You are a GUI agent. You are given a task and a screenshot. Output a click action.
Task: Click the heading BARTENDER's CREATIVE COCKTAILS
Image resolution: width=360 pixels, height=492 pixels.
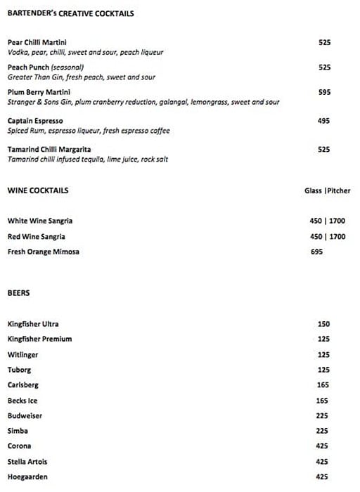tap(70, 13)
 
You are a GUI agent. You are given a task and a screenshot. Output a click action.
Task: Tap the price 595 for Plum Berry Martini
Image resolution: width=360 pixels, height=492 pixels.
tap(324, 92)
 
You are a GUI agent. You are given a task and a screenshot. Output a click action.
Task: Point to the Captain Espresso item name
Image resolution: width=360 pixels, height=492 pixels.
tap(34, 121)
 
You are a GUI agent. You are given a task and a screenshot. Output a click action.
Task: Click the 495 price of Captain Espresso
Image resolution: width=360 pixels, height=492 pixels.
tap(324, 121)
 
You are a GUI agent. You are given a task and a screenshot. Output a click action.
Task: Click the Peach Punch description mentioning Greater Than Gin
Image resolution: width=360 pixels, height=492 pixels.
tap(81, 77)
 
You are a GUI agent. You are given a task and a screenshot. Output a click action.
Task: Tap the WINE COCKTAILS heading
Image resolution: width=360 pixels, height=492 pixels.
tap(38, 190)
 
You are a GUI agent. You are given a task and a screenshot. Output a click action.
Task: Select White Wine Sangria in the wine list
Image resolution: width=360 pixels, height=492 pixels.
tap(40, 221)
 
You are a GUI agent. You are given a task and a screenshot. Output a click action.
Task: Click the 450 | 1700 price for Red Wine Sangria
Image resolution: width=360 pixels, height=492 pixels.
tap(327, 237)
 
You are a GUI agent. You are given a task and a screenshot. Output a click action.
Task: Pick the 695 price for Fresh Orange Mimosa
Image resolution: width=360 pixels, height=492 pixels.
tap(316, 252)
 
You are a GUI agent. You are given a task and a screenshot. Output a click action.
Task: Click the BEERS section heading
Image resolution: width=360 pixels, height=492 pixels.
tap(18, 292)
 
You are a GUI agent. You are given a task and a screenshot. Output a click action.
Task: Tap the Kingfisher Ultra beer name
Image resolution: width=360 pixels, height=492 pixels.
tap(33, 324)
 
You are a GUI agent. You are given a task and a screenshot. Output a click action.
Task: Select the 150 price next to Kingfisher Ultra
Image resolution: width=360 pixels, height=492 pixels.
tap(323, 324)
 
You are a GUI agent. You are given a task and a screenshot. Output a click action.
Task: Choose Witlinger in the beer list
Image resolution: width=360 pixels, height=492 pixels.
tap(22, 355)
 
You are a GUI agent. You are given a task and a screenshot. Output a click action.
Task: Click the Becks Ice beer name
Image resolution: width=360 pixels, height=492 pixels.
tap(27, 401)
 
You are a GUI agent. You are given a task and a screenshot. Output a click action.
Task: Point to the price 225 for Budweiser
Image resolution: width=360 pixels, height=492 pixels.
tap(323, 415)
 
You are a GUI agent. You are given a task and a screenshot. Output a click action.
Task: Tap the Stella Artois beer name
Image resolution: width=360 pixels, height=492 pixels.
tap(27, 462)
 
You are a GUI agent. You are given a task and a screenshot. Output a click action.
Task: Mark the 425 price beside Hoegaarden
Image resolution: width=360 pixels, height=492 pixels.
tap(323, 477)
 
